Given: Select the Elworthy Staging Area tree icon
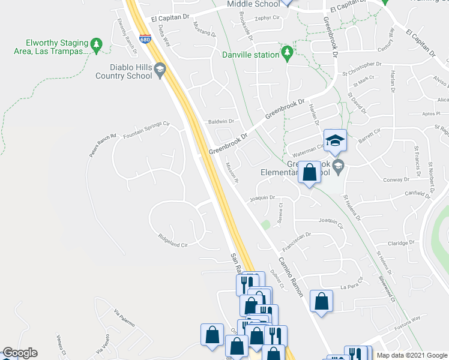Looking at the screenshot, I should point(95,44).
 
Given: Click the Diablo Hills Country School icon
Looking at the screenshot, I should point(160,72).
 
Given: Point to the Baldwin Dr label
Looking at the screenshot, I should point(220,121).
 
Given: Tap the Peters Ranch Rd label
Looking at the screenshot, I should point(102,145).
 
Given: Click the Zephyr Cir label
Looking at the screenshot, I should point(268,19).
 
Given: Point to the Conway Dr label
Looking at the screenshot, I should point(396,179).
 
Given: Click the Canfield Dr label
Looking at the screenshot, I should point(418,194).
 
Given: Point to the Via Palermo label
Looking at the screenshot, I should point(124,318).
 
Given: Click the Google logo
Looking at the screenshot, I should point(19,353).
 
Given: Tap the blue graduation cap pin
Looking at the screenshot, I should point(335,140).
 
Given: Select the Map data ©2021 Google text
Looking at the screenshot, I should point(411,355).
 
